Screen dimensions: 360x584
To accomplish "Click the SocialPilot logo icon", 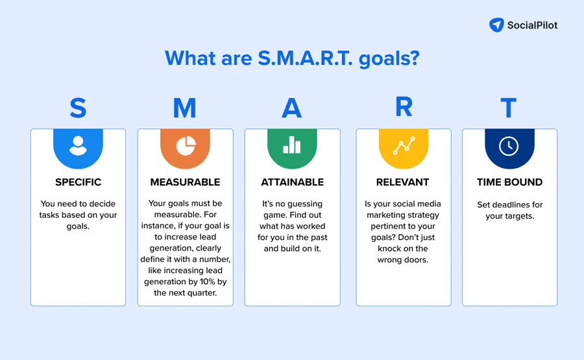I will tap(496, 25).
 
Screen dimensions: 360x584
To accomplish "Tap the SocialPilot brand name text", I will tap(532, 25).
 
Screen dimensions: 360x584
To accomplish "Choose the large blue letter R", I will tap(404, 108).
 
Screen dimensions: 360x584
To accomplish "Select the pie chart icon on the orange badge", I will tap(185, 145).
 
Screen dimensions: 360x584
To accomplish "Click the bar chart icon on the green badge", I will tap(292, 145).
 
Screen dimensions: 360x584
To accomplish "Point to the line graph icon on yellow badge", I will tap(404, 145).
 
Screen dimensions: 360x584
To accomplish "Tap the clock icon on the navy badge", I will tap(509, 145).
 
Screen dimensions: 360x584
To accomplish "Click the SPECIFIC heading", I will tap(78, 182).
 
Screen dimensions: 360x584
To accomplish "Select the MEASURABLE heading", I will tap(185, 182).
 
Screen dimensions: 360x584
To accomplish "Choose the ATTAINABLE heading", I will tap(292, 182).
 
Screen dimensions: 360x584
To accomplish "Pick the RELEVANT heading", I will tap(404, 182).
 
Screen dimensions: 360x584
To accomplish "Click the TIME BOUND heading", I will tap(509, 182).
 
